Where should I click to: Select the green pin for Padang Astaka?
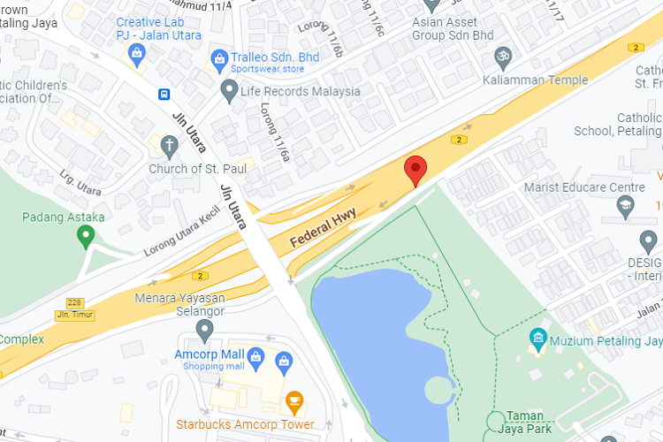(85, 236)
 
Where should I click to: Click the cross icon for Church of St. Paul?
(168, 145)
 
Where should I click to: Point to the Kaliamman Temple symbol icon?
(503, 57)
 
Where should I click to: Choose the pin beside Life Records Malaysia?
(229, 90)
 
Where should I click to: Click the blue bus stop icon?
(164, 94)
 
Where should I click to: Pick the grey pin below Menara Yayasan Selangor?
(205, 331)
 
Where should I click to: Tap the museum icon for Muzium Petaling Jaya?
(537, 338)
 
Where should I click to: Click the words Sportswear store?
(267, 69)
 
